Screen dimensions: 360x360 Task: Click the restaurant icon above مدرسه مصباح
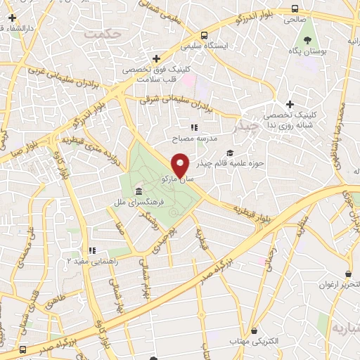(195, 128)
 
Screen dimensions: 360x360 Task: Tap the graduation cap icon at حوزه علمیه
(230, 153)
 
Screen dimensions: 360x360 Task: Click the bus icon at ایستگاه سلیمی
(203, 35)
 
